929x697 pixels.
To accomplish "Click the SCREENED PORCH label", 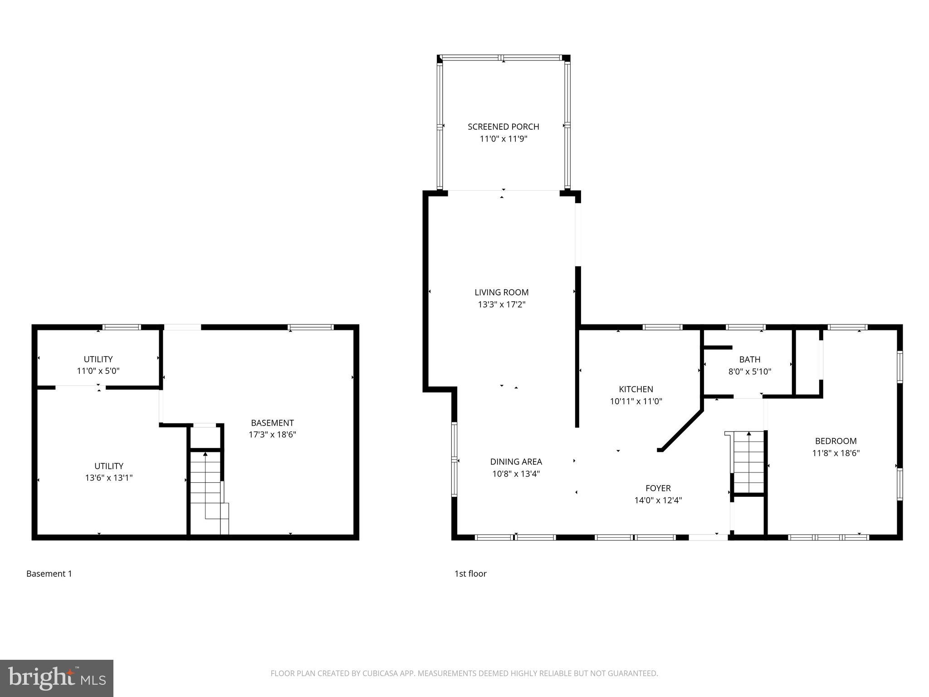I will pyautogui.click(x=503, y=127).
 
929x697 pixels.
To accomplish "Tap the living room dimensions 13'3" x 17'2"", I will pyautogui.click(x=501, y=304).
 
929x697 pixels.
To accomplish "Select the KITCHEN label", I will pyautogui.click(x=636, y=389).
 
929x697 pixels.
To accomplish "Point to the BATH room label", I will pyautogui.click(x=749, y=359).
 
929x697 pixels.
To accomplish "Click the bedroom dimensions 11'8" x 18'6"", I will pyautogui.click(x=836, y=453).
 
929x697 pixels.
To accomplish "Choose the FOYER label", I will pyautogui.click(x=658, y=488).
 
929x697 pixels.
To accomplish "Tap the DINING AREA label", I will pyautogui.click(x=516, y=461).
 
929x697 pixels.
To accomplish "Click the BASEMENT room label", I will pyautogui.click(x=272, y=422).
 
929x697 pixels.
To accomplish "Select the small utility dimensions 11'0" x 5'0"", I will pyautogui.click(x=98, y=371).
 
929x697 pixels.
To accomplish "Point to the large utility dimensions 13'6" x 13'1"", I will pyautogui.click(x=109, y=478).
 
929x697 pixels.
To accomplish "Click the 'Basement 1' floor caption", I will pyautogui.click(x=49, y=574).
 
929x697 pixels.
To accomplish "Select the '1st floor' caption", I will pyautogui.click(x=470, y=574).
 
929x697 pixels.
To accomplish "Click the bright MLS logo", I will pyautogui.click(x=56, y=678).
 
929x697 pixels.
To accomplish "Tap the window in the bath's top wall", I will pyautogui.click(x=745, y=327).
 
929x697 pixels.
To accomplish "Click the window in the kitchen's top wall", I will pyautogui.click(x=662, y=327).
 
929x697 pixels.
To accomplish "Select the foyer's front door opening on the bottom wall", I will pyautogui.click(x=708, y=537).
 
